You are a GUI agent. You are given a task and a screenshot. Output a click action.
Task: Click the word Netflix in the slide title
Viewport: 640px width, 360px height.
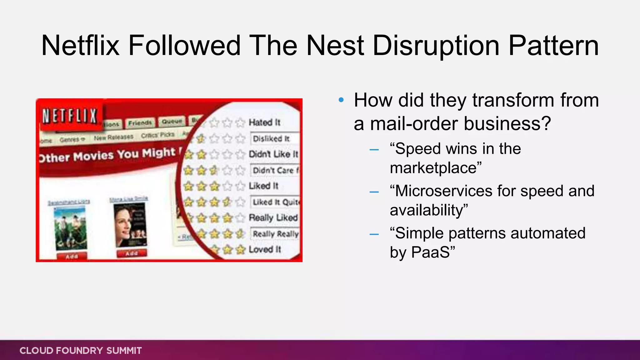(80, 46)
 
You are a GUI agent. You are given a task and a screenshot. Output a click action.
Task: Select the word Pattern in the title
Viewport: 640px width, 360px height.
(553, 46)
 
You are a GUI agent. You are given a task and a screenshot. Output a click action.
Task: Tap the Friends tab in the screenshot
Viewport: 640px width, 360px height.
(140, 123)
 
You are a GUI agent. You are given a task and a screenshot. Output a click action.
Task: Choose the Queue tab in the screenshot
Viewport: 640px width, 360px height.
(172, 121)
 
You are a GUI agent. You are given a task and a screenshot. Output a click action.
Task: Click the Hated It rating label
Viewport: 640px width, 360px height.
(264, 122)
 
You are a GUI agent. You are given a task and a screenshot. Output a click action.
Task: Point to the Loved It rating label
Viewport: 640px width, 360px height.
(265, 249)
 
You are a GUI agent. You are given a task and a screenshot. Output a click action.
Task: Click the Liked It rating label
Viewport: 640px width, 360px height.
(263, 186)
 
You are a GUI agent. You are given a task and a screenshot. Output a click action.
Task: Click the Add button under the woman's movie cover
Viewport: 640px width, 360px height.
(132, 253)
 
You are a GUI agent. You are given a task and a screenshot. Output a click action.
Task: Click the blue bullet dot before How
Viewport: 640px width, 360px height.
(341, 100)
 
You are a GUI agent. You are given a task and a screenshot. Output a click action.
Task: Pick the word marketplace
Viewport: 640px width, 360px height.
(433, 168)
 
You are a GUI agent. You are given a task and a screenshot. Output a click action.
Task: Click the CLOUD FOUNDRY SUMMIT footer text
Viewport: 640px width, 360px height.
(81, 351)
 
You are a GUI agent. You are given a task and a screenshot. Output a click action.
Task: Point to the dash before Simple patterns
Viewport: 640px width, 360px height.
(374, 234)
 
